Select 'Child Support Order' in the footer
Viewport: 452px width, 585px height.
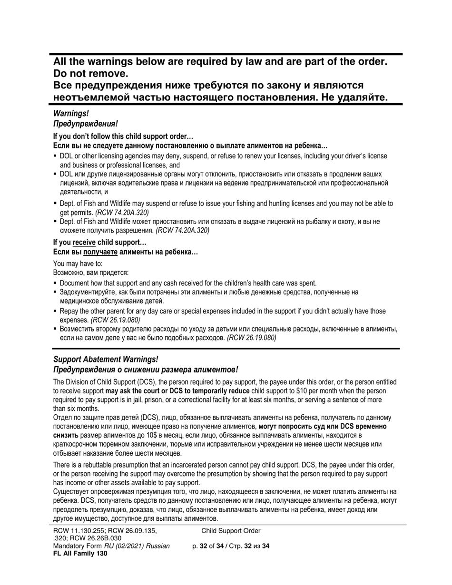[x=231, y=531]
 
